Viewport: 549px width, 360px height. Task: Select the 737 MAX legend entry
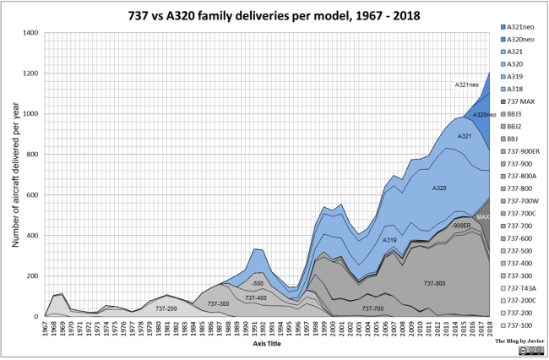click(x=519, y=101)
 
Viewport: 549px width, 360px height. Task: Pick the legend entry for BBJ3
click(x=514, y=112)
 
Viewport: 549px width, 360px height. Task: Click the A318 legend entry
click(x=514, y=89)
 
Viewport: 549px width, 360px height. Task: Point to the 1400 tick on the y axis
click(x=30, y=33)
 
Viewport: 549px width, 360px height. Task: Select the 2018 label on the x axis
click(x=489, y=330)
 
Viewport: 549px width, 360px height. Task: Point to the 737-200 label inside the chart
click(x=166, y=308)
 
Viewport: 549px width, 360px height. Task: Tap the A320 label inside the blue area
click(x=438, y=188)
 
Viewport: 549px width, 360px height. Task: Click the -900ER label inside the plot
click(x=460, y=226)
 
